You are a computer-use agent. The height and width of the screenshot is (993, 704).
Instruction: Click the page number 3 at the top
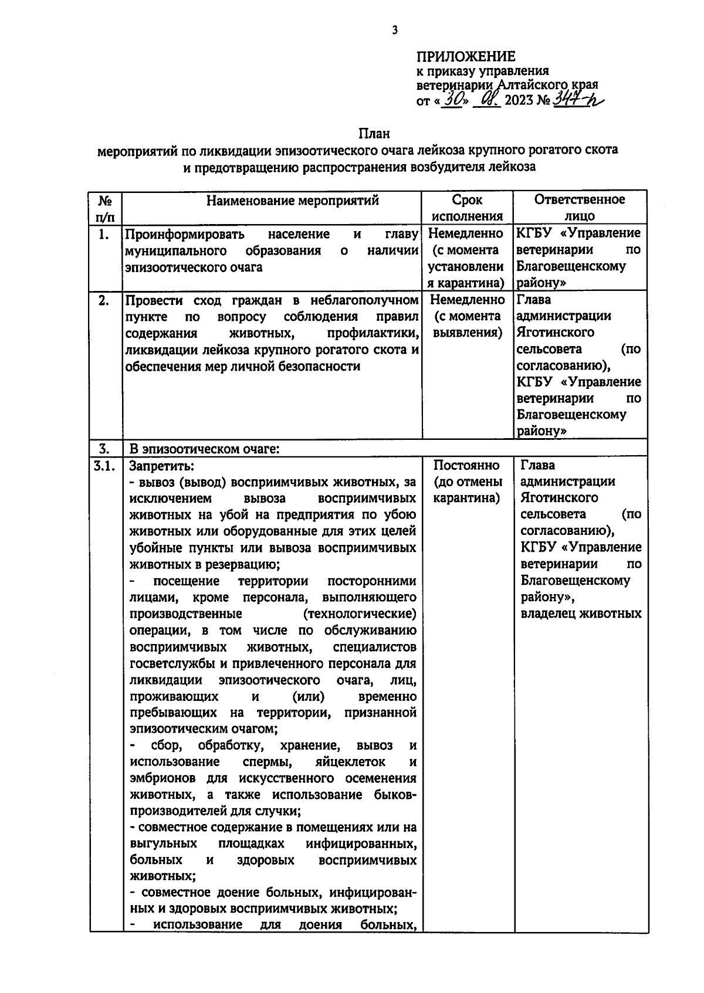click(395, 30)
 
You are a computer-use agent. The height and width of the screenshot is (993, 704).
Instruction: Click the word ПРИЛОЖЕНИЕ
click(465, 56)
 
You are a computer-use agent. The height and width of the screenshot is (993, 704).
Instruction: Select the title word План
click(374, 133)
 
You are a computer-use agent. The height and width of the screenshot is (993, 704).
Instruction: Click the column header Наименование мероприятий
click(292, 200)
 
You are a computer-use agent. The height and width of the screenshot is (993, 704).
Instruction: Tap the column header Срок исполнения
click(467, 208)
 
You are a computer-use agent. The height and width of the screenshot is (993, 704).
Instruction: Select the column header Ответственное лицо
click(579, 208)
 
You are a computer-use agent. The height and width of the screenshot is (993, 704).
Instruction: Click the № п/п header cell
click(105, 208)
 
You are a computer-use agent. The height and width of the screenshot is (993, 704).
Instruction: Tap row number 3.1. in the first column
click(104, 466)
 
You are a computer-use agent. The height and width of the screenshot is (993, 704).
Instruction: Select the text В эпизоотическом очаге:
click(204, 449)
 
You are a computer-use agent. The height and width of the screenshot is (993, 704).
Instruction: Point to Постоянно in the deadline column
click(466, 465)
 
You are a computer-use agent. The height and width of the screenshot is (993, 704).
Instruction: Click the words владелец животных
click(580, 614)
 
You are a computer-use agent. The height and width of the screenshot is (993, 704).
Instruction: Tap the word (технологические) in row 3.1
click(360, 614)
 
